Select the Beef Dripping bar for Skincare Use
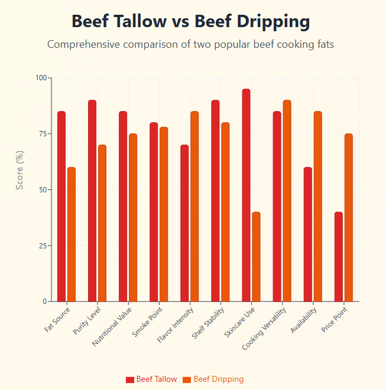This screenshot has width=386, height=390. pos(256,257)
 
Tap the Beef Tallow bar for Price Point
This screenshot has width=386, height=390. pos(338,257)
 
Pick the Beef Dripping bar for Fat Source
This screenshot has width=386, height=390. pos(72,234)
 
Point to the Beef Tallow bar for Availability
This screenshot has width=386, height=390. pos(307,234)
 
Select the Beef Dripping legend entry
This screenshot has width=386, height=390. pos(213,379)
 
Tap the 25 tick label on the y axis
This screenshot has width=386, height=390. pos(43,245)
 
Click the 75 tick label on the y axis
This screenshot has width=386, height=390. pos(43,134)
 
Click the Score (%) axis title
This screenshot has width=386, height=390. pos(20,170)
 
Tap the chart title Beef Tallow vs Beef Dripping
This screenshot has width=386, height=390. pos(190,22)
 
